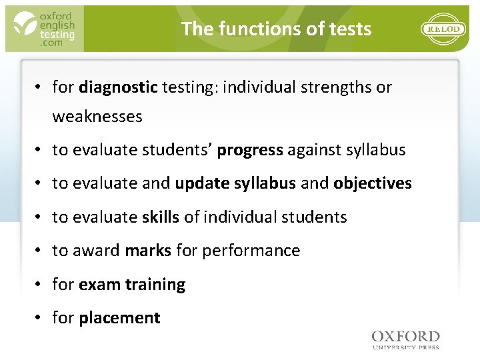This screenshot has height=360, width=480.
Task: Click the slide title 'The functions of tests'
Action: pos(276,29)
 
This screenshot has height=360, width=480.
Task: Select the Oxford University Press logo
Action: pos(405,339)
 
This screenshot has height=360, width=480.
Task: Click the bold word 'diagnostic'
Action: pos(118,87)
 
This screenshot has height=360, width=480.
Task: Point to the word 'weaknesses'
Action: pos(97,117)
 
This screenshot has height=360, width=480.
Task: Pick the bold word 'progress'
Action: pos(250,150)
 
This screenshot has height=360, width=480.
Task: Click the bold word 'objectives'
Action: pos(373,183)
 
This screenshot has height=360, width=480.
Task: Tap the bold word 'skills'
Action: pos(161,217)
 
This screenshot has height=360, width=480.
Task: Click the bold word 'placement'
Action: pos(119,318)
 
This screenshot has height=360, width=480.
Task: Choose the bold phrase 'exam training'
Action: pos(132,285)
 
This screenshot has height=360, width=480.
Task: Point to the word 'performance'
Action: pos(251,250)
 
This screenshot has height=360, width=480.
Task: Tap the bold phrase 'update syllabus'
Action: pos(235,183)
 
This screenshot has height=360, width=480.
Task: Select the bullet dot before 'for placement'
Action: pos(40,318)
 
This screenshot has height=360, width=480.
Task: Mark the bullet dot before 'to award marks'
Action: pos(40,250)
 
